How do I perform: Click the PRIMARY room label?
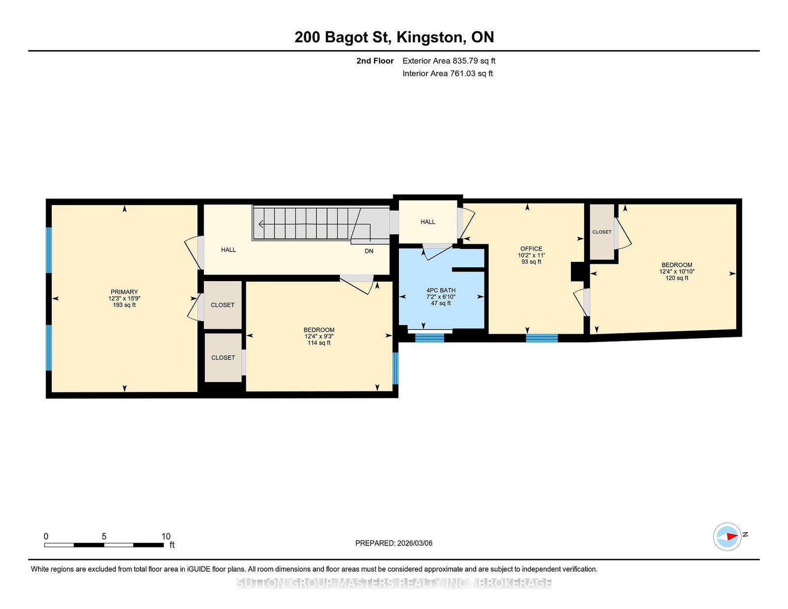click(x=124, y=292)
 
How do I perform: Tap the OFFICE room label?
click(x=531, y=249)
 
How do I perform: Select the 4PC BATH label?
click(x=441, y=290)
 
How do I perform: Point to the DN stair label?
click(x=369, y=251)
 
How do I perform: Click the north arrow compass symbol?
click(x=727, y=537)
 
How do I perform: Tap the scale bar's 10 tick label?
click(x=165, y=536)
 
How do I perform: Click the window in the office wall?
click(x=542, y=338)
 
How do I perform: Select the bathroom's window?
click(x=429, y=338)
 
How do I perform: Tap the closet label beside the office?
click(x=602, y=232)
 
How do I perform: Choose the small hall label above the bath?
click(x=428, y=222)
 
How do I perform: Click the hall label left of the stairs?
click(x=229, y=250)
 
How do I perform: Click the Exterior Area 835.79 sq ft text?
click(x=449, y=61)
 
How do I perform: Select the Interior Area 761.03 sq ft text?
click(x=448, y=73)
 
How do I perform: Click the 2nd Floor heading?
click(x=375, y=61)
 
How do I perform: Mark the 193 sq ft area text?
click(x=125, y=305)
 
